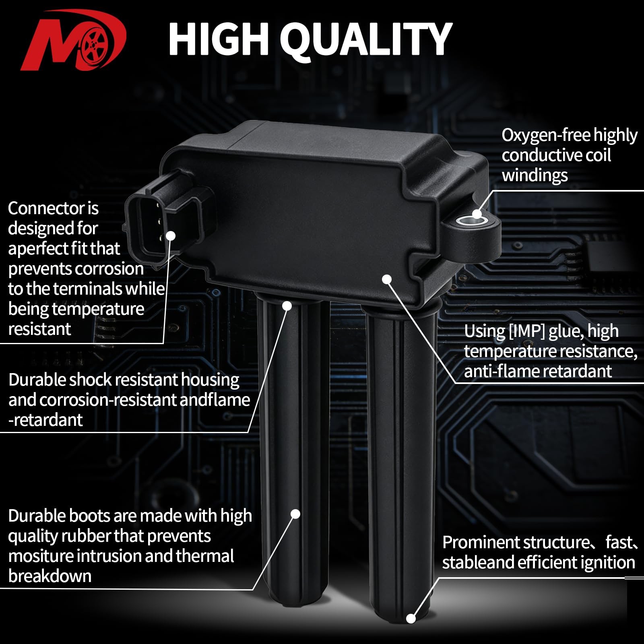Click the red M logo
click(x=72, y=40)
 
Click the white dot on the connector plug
click(x=171, y=236)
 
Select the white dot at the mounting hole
click(x=477, y=214)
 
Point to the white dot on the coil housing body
click(x=387, y=279)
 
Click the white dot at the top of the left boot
click(x=287, y=306)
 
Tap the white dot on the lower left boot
click(x=295, y=514)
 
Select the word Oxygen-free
click(x=546, y=136)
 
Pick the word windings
click(x=535, y=176)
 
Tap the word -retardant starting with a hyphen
click(x=45, y=420)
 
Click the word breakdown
click(x=50, y=576)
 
